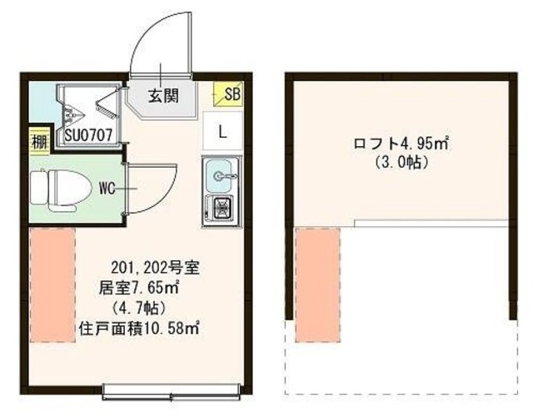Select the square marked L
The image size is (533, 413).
coord(222,131)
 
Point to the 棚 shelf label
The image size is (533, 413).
coord(38,139)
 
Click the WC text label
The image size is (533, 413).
coord(107,188)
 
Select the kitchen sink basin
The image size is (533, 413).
coord(220,175)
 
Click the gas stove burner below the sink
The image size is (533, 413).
coord(222,209)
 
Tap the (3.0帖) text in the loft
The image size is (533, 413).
coord(401,163)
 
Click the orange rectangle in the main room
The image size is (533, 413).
coord(53,284)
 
